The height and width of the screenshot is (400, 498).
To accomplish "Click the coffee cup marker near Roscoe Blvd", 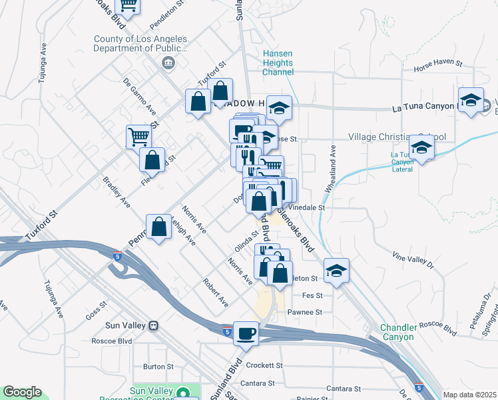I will pyautogui.click(x=246, y=333).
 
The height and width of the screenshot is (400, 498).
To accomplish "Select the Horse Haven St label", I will pyautogui.click(x=437, y=62).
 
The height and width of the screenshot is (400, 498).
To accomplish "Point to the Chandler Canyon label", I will pyautogui.click(x=398, y=332).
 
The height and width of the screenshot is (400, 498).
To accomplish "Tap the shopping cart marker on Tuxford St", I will pyautogui.click(x=138, y=137).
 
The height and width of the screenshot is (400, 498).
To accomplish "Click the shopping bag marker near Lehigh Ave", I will pyautogui.click(x=159, y=227).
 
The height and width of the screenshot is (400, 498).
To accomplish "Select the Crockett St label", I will pyautogui.click(x=265, y=365).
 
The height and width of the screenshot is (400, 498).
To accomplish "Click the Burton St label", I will pyautogui.click(x=158, y=366).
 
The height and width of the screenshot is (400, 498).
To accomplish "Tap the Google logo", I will pyautogui.click(x=22, y=392).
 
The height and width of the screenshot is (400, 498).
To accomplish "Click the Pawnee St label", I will pyautogui.click(x=305, y=311).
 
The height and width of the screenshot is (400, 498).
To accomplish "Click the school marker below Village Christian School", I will pyautogui.click(x=421, y=147).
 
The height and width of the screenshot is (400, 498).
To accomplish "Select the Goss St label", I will pyautogui.click(x=97, y=311).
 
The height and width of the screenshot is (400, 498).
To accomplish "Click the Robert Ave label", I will pyautogui.click(x=216, y=293).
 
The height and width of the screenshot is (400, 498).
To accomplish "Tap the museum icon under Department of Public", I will pyautogui.click(x=168, y=63).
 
